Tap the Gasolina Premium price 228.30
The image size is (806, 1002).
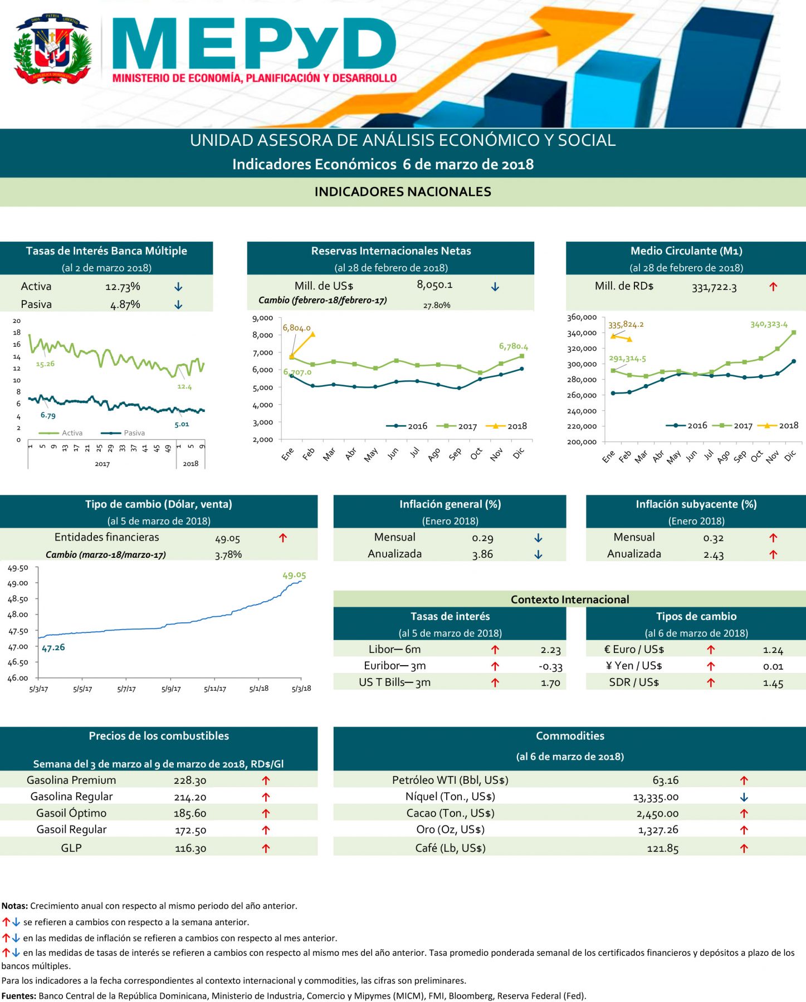coord(190,780)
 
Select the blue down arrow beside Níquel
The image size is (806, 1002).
coord(744,797)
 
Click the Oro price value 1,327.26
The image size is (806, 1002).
coord(658,830)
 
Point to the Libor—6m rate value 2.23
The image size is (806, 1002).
coord(550,650)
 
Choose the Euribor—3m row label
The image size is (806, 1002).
coord(394,666)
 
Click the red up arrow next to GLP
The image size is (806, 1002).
coord(266,848)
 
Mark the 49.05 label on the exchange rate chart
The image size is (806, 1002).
coord(294,575)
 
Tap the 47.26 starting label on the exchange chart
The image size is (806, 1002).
coord(53,647)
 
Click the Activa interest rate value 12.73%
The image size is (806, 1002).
coord(123,287)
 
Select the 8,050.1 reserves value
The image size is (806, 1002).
coord(434,285)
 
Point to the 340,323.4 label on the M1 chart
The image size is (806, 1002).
coord(769,324)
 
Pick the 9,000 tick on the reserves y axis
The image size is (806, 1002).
coord(262,318)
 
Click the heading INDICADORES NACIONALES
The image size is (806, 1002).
coord(403,192)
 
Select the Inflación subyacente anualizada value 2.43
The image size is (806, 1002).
coord(713,554)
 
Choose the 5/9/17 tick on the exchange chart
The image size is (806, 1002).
coord(171,689)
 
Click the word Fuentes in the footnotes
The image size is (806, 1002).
coord(18,996)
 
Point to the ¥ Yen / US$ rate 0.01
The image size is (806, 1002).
coord(773,666)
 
